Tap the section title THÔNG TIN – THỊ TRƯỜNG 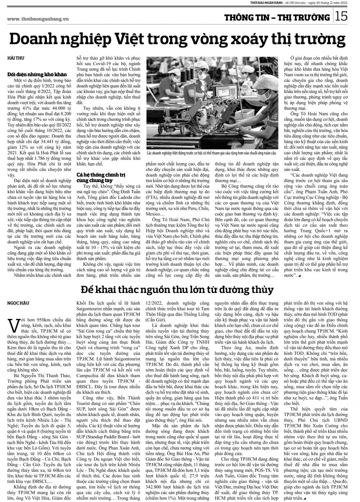(x=276, y=17)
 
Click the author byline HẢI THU (x=13, y=58)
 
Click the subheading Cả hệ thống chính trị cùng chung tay (x=95, y=177)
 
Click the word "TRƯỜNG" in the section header (x=312, y=17)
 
